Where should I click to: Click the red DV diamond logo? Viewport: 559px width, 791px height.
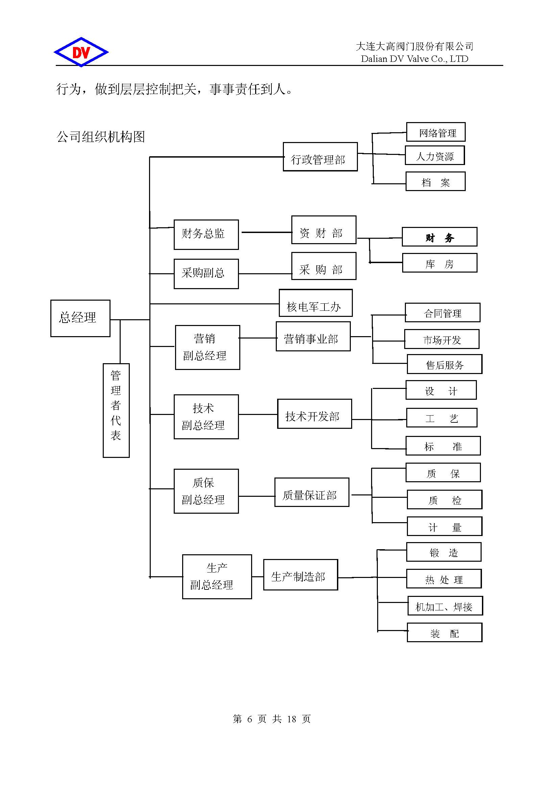[x=81, y=52]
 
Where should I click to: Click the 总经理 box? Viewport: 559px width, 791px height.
[x=80, y=318]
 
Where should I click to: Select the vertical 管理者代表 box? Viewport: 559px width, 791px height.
[x=116, y=410]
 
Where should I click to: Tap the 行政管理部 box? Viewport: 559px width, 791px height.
[x=320, y=157]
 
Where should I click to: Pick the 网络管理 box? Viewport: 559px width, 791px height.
[x=435, y=132]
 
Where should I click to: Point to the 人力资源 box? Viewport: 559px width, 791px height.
[x=434, y=155]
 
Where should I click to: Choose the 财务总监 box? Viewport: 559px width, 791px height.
[x=206, y=235]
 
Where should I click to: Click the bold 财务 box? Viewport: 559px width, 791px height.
[x=439, y=237]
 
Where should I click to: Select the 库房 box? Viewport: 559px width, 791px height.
[x=440, y=263]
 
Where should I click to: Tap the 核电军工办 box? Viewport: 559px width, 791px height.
[x=315, y=303]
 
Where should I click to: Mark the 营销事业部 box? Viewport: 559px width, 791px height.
[x=313, y=336]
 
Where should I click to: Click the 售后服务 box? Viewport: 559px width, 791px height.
[x=444, y=364]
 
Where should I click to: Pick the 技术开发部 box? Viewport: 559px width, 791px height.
[x=314, y=414]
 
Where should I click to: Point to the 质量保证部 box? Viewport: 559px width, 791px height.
[x=312, y=492]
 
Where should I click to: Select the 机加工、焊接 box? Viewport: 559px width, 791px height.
[x=445, y=606]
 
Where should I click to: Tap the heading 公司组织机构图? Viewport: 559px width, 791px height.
[x=100, y=137]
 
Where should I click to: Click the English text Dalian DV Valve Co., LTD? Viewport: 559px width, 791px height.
[x=414, y=59]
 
